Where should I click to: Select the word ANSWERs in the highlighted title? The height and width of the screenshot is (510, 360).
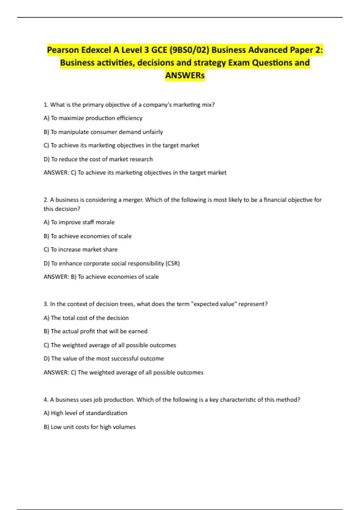tap(185, 75)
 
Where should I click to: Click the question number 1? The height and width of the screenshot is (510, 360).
tap(46, 105)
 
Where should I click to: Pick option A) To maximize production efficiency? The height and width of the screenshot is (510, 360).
tap(93, 118)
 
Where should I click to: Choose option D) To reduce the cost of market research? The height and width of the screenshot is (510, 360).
tap(98, 159)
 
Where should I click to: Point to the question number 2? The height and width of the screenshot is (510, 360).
tap(46, 200)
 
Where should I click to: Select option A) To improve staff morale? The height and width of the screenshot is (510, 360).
tap(79, 222)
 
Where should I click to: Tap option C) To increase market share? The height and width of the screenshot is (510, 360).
tap(80, 250)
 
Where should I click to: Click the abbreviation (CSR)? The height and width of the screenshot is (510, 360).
tap(172, 263)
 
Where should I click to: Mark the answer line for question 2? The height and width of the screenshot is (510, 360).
tap(101, 277)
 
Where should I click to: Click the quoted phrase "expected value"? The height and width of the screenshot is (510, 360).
tap(214, 304)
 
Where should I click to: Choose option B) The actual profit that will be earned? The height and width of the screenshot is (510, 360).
tap(95, 331)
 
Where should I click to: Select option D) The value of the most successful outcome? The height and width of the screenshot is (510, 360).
tap(104, 358)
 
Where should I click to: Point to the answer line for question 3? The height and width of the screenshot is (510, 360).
tap(123, 373)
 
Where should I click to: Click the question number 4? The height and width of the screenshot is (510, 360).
tap(46, 400)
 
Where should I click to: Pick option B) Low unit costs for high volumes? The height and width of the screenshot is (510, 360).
tap(89, 427)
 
